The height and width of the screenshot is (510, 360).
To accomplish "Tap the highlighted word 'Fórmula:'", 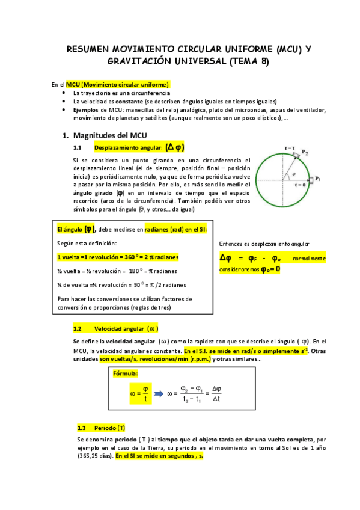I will tap(126, 373).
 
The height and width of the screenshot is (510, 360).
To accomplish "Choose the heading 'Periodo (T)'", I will tap(109, 428).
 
